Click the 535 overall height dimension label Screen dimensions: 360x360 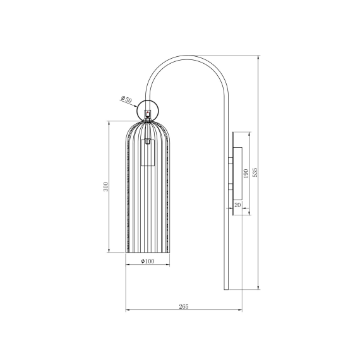255,172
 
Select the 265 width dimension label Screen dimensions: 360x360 184,306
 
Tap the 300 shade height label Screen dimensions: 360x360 105,187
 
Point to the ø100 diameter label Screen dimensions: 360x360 148,261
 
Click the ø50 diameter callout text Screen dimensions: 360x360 126,99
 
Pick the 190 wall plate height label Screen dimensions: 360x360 246,174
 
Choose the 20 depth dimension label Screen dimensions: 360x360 237,205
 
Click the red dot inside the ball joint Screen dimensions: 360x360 147,112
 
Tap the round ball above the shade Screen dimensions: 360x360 147,110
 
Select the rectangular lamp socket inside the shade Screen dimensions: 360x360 148,153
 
